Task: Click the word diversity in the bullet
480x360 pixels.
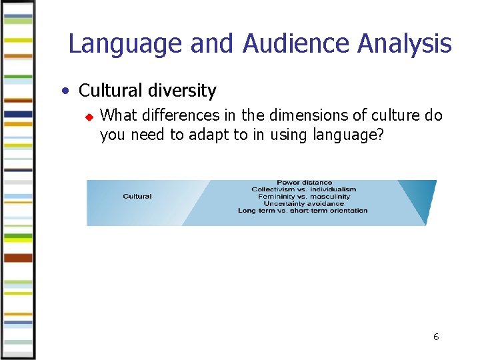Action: [184, 91]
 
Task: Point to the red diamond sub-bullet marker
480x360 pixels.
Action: [87, 117]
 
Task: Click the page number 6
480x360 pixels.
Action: [436, 337]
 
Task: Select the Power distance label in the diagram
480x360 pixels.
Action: [304, 183]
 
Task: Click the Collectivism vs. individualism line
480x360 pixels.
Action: [303, 189]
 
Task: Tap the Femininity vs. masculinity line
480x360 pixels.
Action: [303, 197]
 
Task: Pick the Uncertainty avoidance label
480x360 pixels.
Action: [303, 203]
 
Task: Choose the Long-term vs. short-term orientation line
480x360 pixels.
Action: [303, 211]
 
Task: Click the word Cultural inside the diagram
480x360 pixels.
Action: [137, 197]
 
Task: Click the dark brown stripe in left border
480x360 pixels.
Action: [18, 258]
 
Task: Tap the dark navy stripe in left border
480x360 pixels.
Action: [18, 114]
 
